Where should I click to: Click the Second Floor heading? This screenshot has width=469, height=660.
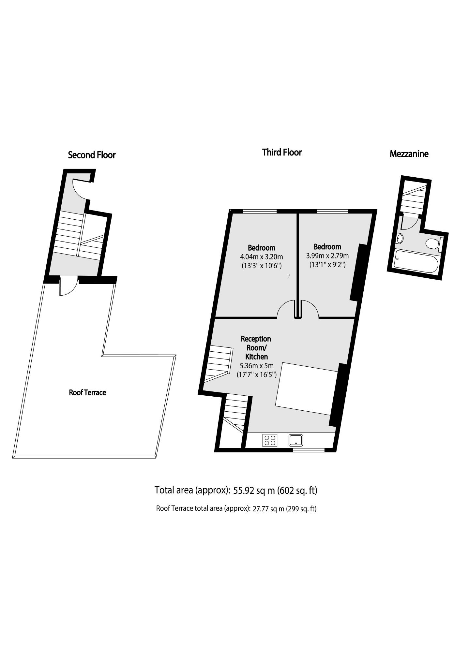coord(92,155)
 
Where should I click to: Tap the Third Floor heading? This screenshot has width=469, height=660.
coord(282,152)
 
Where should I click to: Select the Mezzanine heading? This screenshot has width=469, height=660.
coord(409,154)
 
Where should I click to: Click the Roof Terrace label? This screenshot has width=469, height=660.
coord(87,392)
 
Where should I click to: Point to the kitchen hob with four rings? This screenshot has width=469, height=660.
coord(270,440)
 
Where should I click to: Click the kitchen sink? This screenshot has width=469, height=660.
coord(296,440)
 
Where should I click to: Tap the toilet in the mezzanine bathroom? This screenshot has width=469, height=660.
coord(433,243)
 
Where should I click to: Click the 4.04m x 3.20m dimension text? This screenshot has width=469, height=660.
coord(261,257)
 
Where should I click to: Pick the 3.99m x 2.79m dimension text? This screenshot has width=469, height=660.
coord(327,256)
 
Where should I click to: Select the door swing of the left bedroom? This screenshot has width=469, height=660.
coord(286,309)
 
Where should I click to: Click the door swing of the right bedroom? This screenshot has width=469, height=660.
coord(310,309)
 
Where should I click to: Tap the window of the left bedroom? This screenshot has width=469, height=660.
coord(260,211)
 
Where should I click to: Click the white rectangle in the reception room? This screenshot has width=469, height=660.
coord(306,389)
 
